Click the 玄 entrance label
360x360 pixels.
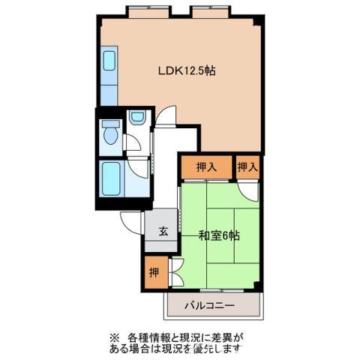click(x=163, y=231)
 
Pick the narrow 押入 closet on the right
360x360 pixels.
click(x=247, y=166)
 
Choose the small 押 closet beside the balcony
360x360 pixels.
click(x=152, y=272)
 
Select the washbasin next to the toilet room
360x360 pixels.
click(x=136, y=117)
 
